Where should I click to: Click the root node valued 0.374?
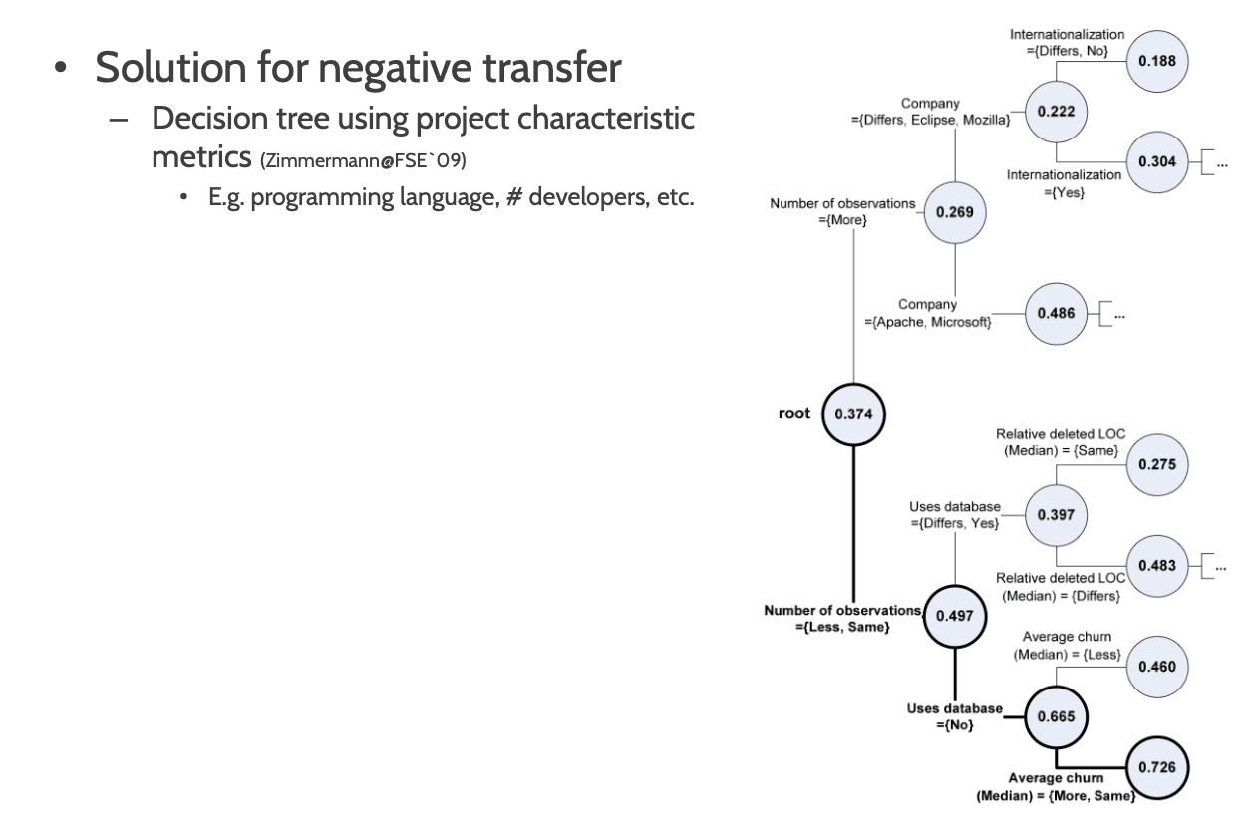click(853, 414)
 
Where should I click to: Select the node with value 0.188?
click(1157, 61)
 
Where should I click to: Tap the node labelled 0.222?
click(1056, 112)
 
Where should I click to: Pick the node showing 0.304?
click(1157, 162)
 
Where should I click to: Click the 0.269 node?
click(955, 212)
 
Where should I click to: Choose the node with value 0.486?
click(1056, 314)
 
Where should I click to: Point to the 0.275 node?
click(1157, 465)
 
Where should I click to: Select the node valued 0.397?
click(1056, 515)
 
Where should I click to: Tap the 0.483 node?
click(1157, 566)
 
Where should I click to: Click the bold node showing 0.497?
click(955, 616)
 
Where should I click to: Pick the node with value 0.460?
click(1157, 667)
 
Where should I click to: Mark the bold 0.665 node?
click(1056, 717)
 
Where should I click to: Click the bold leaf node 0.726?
click(1157, 768)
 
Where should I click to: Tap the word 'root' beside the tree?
click(793, 413)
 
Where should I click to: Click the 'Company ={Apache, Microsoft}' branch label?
click(928, 313)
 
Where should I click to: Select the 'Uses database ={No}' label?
click(955, 717)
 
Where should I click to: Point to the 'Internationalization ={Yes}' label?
click(1064, 184)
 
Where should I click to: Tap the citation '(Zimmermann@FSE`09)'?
click(363, 161)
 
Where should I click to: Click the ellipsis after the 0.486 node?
click(1119, 316)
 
